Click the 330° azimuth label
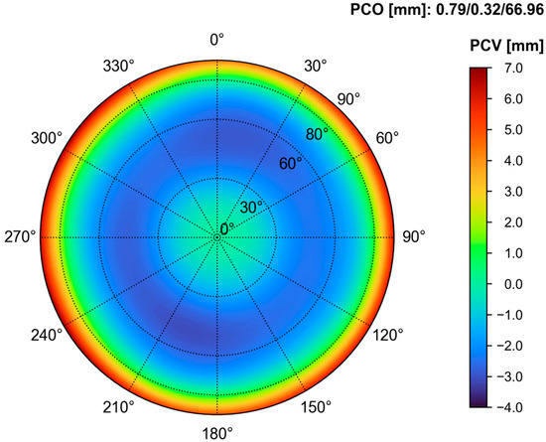117,66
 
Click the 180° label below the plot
217,433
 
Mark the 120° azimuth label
388,334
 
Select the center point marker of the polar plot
217,237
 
